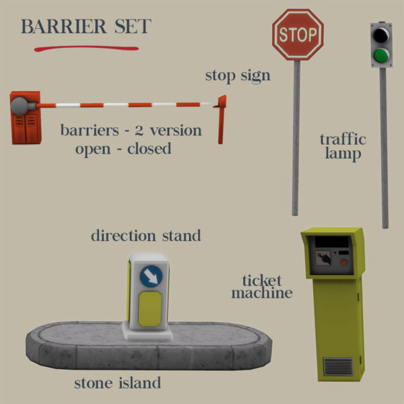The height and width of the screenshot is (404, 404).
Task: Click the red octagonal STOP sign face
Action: [298, 34]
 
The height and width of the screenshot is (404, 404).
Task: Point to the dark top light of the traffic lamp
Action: [382, 34]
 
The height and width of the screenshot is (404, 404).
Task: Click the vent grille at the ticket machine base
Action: [338, 368]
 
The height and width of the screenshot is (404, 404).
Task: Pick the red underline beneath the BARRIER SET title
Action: [87, 49]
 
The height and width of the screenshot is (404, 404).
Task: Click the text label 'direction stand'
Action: [145, 236]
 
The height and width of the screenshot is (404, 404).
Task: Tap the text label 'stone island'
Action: [118, 384]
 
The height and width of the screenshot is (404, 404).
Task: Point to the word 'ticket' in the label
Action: [261, 280]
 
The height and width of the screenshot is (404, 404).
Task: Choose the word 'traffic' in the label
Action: [343, 139]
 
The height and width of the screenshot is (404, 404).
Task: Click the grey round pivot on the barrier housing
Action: [20, 106]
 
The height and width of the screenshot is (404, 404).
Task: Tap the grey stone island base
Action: [81, 350]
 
